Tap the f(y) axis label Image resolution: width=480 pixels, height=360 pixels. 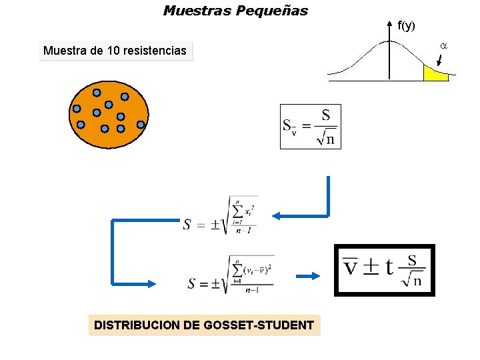[x=406, y=26]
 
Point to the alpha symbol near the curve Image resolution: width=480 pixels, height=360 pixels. [x=443, y=45]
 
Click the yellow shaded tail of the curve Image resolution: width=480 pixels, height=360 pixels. [x=434, y=74]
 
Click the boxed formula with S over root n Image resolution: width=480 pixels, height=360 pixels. [x=311, y=127]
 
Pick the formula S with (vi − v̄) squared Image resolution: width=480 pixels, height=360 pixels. [x=231, y=275]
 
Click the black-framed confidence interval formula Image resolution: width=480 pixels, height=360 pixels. [x=384, y=270]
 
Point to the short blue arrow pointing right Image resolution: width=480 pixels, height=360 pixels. [x=307, y=277]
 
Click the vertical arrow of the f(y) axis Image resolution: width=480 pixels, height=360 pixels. [x=390, y=50]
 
